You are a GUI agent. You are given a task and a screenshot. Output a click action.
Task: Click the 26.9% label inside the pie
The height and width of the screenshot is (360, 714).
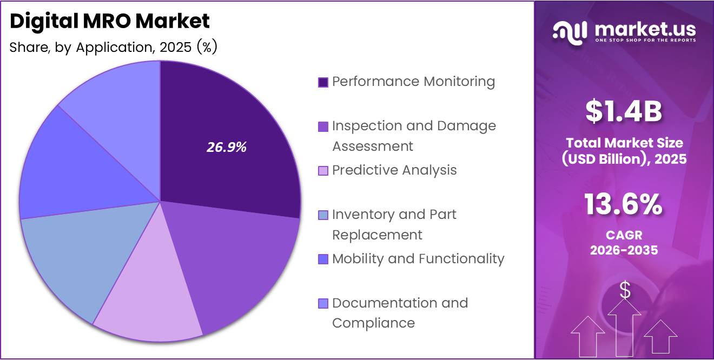(227, 147)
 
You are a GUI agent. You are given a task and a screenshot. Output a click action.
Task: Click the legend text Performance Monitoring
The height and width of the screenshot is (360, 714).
(413, 82)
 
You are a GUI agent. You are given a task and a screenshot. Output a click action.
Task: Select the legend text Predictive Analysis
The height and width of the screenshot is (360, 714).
(394, 170)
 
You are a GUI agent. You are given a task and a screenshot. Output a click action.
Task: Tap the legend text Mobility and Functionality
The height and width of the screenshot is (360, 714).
(418, 259)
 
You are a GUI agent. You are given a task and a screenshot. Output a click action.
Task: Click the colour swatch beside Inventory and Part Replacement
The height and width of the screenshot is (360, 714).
(323, 216)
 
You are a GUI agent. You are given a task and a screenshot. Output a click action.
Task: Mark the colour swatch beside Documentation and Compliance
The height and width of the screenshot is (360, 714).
(323, 304)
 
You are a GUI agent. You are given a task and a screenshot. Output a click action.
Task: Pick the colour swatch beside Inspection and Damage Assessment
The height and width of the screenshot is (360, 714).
(323, 127)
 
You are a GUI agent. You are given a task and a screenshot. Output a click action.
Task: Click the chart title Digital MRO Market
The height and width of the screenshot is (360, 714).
(110, 22)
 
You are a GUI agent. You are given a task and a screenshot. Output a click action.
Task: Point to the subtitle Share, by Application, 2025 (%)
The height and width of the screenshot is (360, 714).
(114, 48)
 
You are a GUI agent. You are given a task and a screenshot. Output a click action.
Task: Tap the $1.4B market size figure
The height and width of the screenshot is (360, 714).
(624, 112)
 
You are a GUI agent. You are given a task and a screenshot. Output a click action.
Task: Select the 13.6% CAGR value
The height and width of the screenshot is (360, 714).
(624, 205)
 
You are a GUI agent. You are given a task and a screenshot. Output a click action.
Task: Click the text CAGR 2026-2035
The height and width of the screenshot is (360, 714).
(624, 243)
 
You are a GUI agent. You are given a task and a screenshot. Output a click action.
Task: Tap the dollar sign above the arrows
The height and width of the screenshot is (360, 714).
(625, 291)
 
